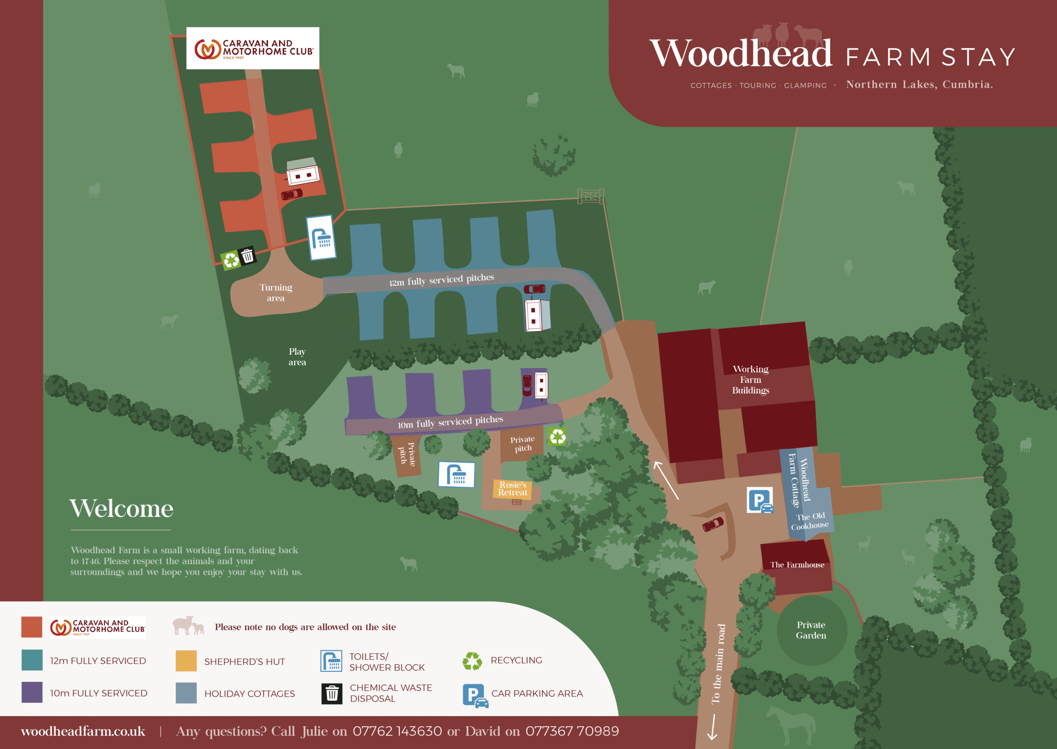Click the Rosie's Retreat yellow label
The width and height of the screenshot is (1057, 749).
coord(512,489)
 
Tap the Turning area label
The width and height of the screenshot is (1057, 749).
coord(276,292)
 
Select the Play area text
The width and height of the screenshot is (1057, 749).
coord(297,356)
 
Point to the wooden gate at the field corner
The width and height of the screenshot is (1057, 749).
coord(590,196)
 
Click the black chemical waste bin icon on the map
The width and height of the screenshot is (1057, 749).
coord(248,255)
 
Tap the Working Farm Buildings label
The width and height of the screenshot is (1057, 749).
coord(751,379)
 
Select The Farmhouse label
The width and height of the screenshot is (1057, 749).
coord(797,564)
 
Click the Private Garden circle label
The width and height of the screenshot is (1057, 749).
coord(811,630)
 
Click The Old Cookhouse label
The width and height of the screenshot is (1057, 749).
coord(810,521)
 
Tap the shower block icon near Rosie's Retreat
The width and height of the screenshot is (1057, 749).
coord(456,474)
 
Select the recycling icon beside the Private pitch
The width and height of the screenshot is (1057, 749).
coord(557,436)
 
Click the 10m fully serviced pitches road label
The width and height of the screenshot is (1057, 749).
coord(450,422)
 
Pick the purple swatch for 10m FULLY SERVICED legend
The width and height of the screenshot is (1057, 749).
coord(32,692)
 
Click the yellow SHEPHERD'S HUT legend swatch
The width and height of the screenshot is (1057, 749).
coord(186,661)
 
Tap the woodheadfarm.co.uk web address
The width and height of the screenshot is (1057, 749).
coord(83,732)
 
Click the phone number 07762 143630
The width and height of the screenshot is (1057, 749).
coord(397,732)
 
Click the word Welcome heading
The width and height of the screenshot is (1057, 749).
coord(121,508)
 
